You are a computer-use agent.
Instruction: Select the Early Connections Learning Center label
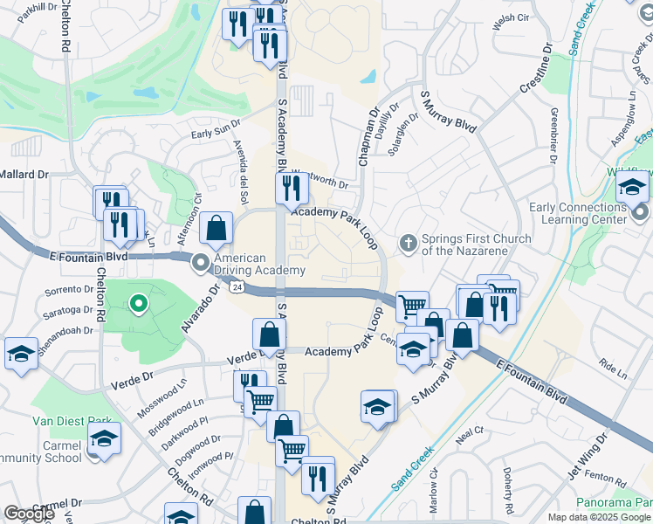click(578, 213)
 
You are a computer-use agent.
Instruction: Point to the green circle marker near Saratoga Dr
click(137, 304)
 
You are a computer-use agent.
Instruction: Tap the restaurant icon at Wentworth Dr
click(290, 187)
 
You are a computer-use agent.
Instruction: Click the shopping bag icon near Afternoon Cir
click(216, 229)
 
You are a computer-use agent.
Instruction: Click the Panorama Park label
click(615, 503)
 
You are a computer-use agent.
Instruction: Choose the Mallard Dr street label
click(24, 175)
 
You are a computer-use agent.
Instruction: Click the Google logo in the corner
click(29, 514)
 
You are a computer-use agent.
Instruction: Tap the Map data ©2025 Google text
click(599, 517)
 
